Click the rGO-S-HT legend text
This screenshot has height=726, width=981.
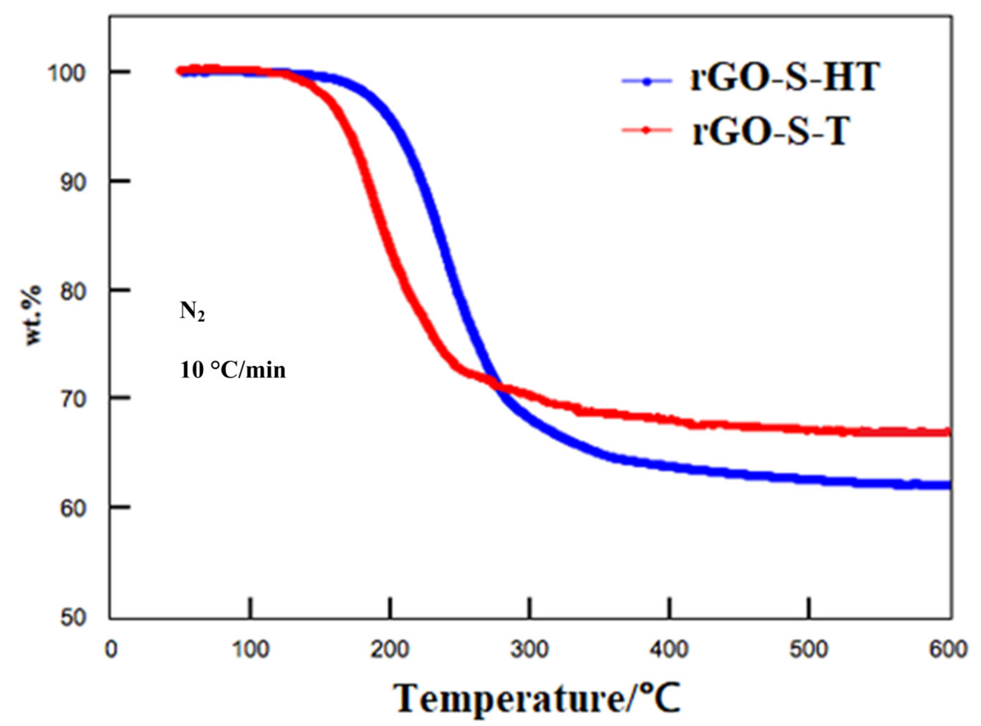[785, 78]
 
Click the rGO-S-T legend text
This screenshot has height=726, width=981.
[769, 131]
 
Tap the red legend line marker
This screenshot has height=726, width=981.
[647, 129]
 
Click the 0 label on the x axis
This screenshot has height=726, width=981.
[111, 650]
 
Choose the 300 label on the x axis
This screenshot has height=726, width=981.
[530, 650]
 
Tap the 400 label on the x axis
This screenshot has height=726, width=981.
[669, 650]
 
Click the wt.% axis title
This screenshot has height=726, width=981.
[33, 315]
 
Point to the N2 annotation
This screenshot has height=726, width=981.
[192, 312]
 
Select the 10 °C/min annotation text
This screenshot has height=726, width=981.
[233, 370]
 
